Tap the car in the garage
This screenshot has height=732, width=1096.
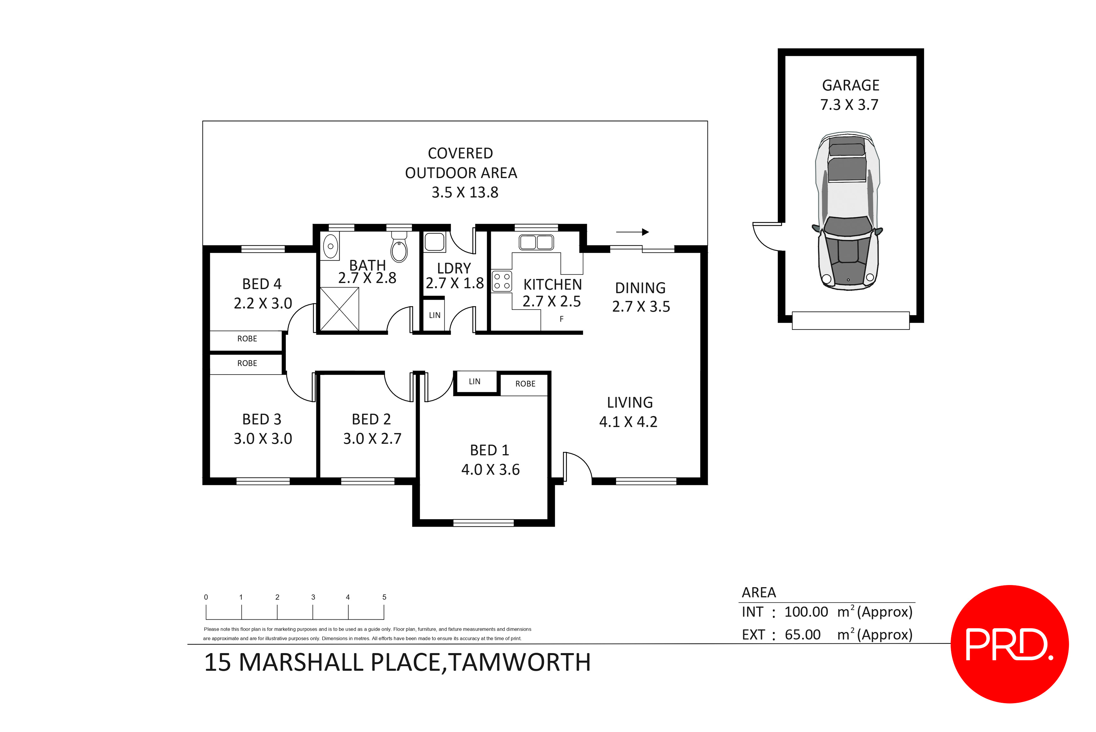tap(848, 212)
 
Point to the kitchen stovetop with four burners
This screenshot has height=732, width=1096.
tap(502, 281)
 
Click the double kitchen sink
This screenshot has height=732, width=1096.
tap(536, 242)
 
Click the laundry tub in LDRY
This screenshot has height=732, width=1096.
tap(434, 242)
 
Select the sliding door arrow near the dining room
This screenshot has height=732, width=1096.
tap(632, 232)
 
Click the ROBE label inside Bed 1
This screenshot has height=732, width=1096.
tap(525, 384)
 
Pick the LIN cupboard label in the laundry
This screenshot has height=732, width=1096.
tap(434, 315)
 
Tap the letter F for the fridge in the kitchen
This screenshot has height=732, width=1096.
tap(561, 319)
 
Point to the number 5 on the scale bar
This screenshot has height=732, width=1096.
tap(384, 597)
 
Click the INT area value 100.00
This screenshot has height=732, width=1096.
tap(806, 612)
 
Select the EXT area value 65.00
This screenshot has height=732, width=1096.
tap(802, 635)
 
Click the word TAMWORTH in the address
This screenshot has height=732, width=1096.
tap(519, 662)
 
